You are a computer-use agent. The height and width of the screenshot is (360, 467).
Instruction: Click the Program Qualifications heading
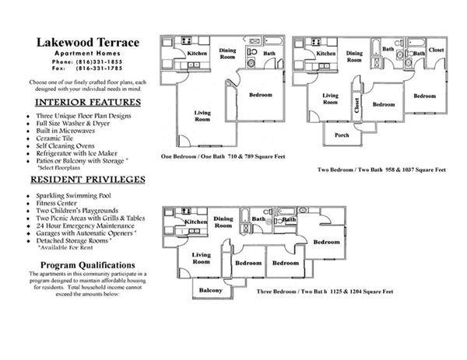(x=85, y=265)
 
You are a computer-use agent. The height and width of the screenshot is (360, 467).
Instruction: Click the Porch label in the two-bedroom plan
(x=342, y=135)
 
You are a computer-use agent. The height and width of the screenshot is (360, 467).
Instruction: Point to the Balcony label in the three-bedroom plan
(x=210, y=291)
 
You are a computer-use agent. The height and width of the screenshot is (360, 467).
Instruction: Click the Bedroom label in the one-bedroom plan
(x=260, y=96)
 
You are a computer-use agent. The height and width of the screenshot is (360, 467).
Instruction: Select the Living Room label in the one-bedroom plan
(x=202, y=117)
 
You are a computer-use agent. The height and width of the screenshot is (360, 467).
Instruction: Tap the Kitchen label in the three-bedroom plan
(x=196, y=222)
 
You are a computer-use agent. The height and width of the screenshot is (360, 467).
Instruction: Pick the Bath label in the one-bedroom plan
(x=269, y=54)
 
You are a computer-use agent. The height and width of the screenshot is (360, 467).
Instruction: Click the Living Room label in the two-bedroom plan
(x=330, y=98)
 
